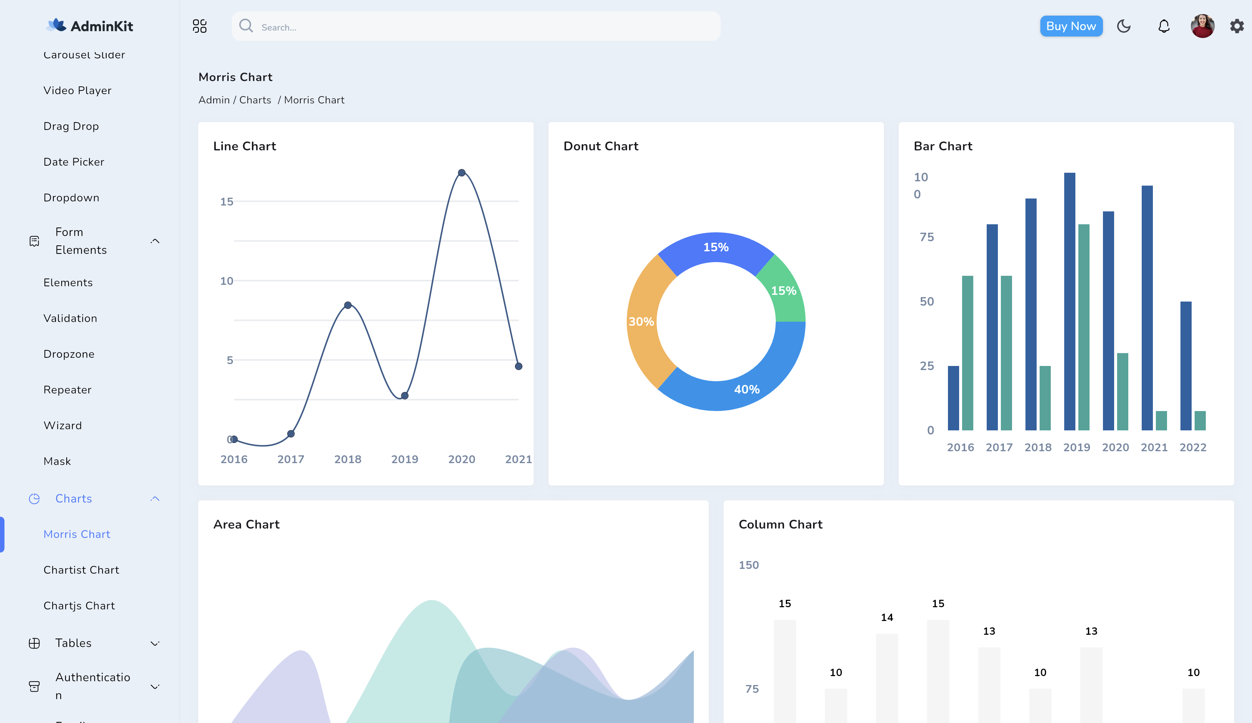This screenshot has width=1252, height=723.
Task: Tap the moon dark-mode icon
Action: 1123,26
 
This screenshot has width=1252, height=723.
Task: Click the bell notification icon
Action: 1164,26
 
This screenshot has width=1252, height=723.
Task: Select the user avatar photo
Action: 1202,26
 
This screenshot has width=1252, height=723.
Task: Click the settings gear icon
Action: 1237,26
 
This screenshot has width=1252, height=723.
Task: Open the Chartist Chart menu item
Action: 81,570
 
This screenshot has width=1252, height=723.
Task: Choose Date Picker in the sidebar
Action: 73,162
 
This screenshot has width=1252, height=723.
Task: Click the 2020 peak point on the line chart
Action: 462,173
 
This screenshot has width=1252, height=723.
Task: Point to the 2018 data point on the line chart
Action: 348,305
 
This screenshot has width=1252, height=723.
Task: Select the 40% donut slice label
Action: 747,390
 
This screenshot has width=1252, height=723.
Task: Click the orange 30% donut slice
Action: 641,322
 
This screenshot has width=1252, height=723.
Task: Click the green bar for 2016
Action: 967,353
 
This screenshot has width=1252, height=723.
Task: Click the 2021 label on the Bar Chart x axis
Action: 1154,448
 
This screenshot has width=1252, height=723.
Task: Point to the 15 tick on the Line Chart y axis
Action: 227,202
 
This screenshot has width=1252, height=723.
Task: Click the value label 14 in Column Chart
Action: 887,617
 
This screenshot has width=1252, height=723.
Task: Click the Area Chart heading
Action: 246,524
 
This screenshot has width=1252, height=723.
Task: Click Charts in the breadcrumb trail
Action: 255,100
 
